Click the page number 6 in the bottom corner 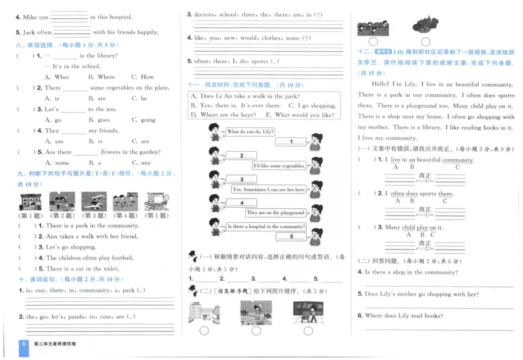pos(24,344)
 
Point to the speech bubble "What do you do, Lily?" pos(250,132)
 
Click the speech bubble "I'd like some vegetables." pos(278,166)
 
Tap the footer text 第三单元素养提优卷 pos(56,344)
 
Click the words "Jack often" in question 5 pos(37,32)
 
